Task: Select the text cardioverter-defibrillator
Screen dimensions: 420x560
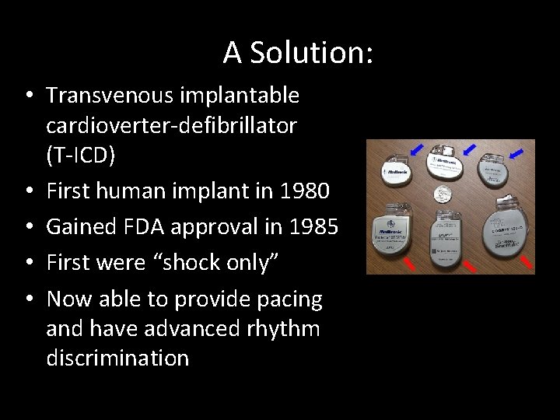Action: click(x=171, y=125)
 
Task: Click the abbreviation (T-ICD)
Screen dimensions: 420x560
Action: click(x=80, y=155)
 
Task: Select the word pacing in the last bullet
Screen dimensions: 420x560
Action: click(x=289, y=299)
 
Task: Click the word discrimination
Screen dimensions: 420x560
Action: click(x=117, y=358)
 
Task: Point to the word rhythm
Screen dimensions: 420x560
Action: click(x=285, y=328)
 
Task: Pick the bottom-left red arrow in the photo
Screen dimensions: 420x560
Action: click(x=410, y=262)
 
